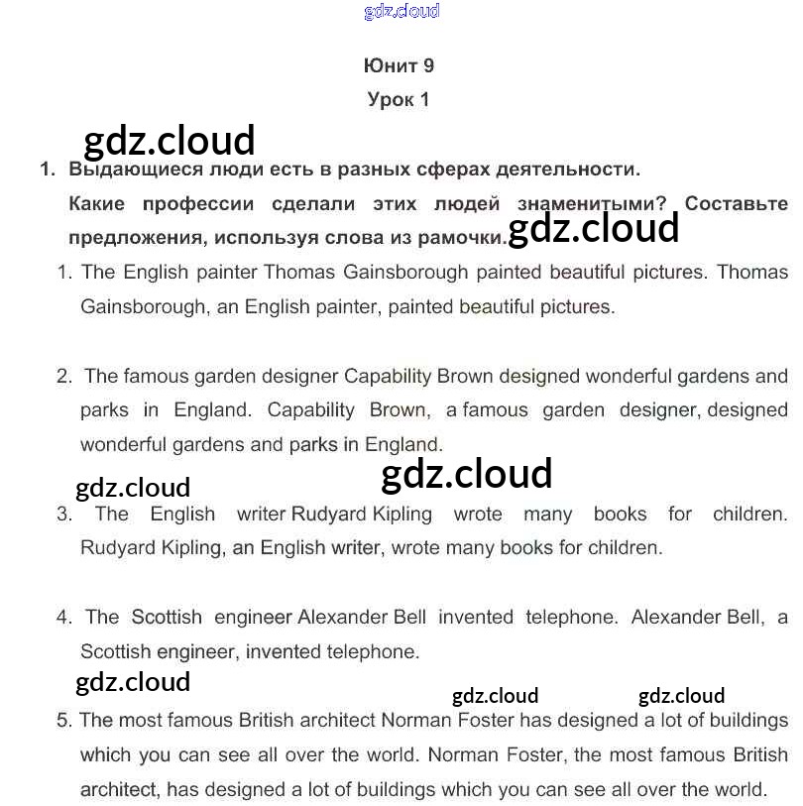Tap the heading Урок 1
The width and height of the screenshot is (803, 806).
[x=399, y=99]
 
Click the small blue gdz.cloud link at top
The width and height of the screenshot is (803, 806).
[x=401, y=12]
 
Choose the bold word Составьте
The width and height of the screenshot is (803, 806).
[x=737, y=204]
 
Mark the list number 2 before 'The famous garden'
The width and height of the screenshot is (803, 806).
[x=64, y=377]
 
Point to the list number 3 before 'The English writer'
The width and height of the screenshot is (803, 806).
[x=64, y=515]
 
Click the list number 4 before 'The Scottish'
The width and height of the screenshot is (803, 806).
[x=64, y=618]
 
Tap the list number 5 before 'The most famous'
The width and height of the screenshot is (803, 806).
[x=64, y=721]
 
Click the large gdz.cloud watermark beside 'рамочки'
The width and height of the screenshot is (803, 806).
[x=593, y=229]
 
